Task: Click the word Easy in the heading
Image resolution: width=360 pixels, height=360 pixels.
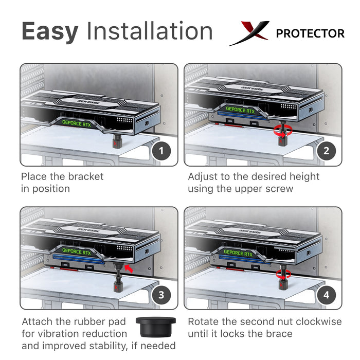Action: coord(50,32)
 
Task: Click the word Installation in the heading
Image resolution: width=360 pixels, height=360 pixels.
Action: coord(150,31)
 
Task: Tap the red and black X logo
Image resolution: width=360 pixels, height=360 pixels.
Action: coord(249,33)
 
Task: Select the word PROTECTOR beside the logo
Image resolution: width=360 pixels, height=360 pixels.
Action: coord(310,33)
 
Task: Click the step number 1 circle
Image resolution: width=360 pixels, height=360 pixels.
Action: coord(161,151)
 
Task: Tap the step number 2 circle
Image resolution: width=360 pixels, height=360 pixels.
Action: coord(326,151)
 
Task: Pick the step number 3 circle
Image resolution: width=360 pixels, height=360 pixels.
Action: coord(161,295)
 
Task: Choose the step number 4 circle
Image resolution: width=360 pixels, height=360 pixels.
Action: coord(326,295)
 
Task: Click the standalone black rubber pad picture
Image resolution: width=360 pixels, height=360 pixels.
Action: coord(156,327)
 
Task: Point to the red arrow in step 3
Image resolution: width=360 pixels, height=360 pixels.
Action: coord(129,268)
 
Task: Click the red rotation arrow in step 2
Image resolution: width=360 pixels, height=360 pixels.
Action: coord(283,131)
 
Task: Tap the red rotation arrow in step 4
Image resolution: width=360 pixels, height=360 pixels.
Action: coord(283,274)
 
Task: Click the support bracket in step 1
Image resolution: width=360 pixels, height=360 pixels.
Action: coord(117,141)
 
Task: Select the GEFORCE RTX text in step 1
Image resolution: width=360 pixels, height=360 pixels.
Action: coord(77,123)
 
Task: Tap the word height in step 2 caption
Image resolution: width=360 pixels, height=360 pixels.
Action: coord(304,177)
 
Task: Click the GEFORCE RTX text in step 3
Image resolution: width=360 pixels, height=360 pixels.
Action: coord(77,251)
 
